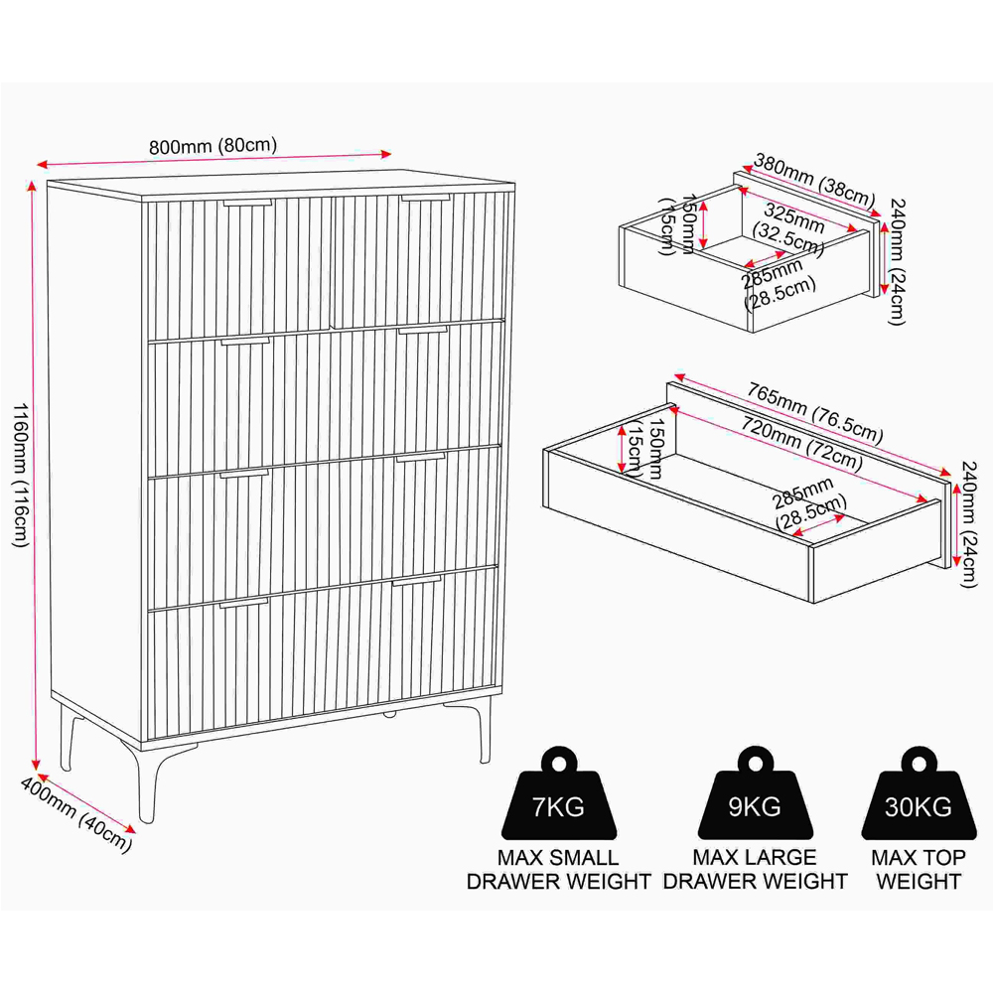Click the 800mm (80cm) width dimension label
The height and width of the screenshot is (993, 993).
(x=213, y=146)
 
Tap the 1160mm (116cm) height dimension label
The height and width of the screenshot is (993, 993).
(x=20, y=475)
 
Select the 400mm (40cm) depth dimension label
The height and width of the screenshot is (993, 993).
(x=76, y=814)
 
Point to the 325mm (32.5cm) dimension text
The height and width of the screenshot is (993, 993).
(x=789, y=228)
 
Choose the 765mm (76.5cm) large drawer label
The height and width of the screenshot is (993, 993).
(x=814, y=412)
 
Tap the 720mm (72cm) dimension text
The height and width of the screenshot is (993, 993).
(x=801, y=444)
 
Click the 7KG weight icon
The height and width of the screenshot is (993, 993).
(x=558, y=793)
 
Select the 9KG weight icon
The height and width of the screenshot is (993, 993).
(x=755, y=793)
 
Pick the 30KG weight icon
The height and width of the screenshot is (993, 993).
(x=919, y=793)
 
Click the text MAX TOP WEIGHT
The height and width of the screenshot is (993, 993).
(x=919, y=870)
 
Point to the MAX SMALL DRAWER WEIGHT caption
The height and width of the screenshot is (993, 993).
(x=558, y=870)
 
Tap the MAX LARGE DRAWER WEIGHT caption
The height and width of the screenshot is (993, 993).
(x=755, y=870)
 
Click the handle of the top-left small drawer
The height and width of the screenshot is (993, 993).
(x=247, y=204)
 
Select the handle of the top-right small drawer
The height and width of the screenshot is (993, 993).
(x=426, y=198)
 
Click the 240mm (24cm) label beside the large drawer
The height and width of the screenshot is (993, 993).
(x=969, y=524)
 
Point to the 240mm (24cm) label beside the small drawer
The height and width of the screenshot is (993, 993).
(x=897, y=261)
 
